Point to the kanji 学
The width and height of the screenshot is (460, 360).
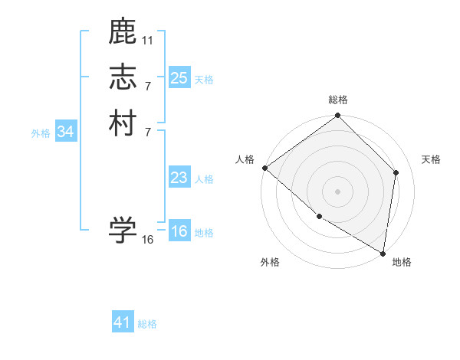click(x=123, y=229)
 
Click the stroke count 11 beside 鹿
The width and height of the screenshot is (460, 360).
click(x=148, y=39)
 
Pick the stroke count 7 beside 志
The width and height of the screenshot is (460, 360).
click(x=148, y=86)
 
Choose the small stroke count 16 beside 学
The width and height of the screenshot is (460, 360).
click(x=148, y=239)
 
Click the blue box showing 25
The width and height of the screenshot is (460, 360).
click(x=179, y=78)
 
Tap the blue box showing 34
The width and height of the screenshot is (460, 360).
click(x=66, y=132)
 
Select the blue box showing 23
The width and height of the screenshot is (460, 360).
click(x=179, y=178)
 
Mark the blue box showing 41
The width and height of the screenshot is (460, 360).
click(x=123, y=322)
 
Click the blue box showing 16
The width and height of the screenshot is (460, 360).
click(x=179, y=231)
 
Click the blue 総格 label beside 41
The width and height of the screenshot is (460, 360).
click(x=147, y=324)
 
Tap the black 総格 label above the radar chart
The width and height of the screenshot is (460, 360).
click(x=338, y=100)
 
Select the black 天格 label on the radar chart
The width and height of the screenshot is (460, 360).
click(x=431, y=159)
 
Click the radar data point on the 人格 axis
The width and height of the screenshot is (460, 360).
click(x=264, y=168)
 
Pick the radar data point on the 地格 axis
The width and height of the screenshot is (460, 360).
click(x=383, y=253)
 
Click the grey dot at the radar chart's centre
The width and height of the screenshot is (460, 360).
click(x=338, y=191)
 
